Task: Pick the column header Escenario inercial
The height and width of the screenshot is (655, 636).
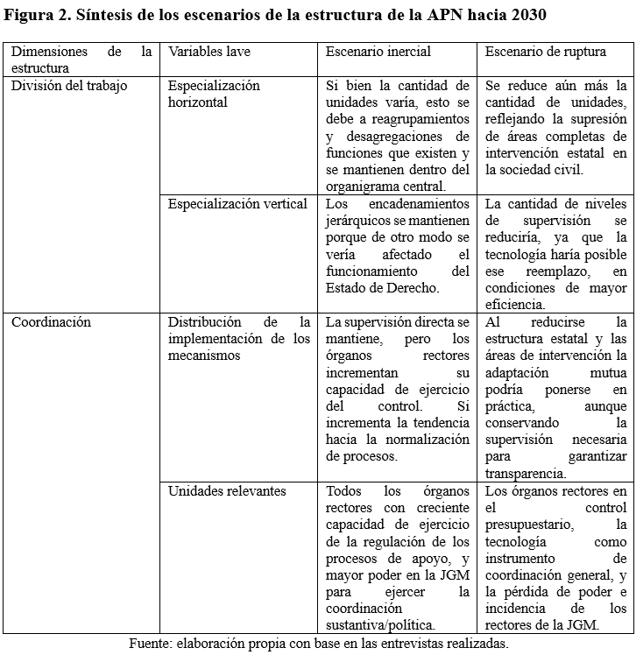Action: click(x=378, y=52)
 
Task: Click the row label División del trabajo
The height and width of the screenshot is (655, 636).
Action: click(x=69, y=86)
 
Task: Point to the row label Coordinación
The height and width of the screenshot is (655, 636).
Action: click(x=51, y=321)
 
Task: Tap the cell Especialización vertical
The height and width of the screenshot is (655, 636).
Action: click(x=237, y=203)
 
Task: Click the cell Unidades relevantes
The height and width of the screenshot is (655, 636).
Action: click(x=227, y=490)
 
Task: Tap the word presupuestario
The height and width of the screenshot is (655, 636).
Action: click(x=529, y=524)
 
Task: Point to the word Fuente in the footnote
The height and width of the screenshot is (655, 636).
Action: click(x=150, y=643)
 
